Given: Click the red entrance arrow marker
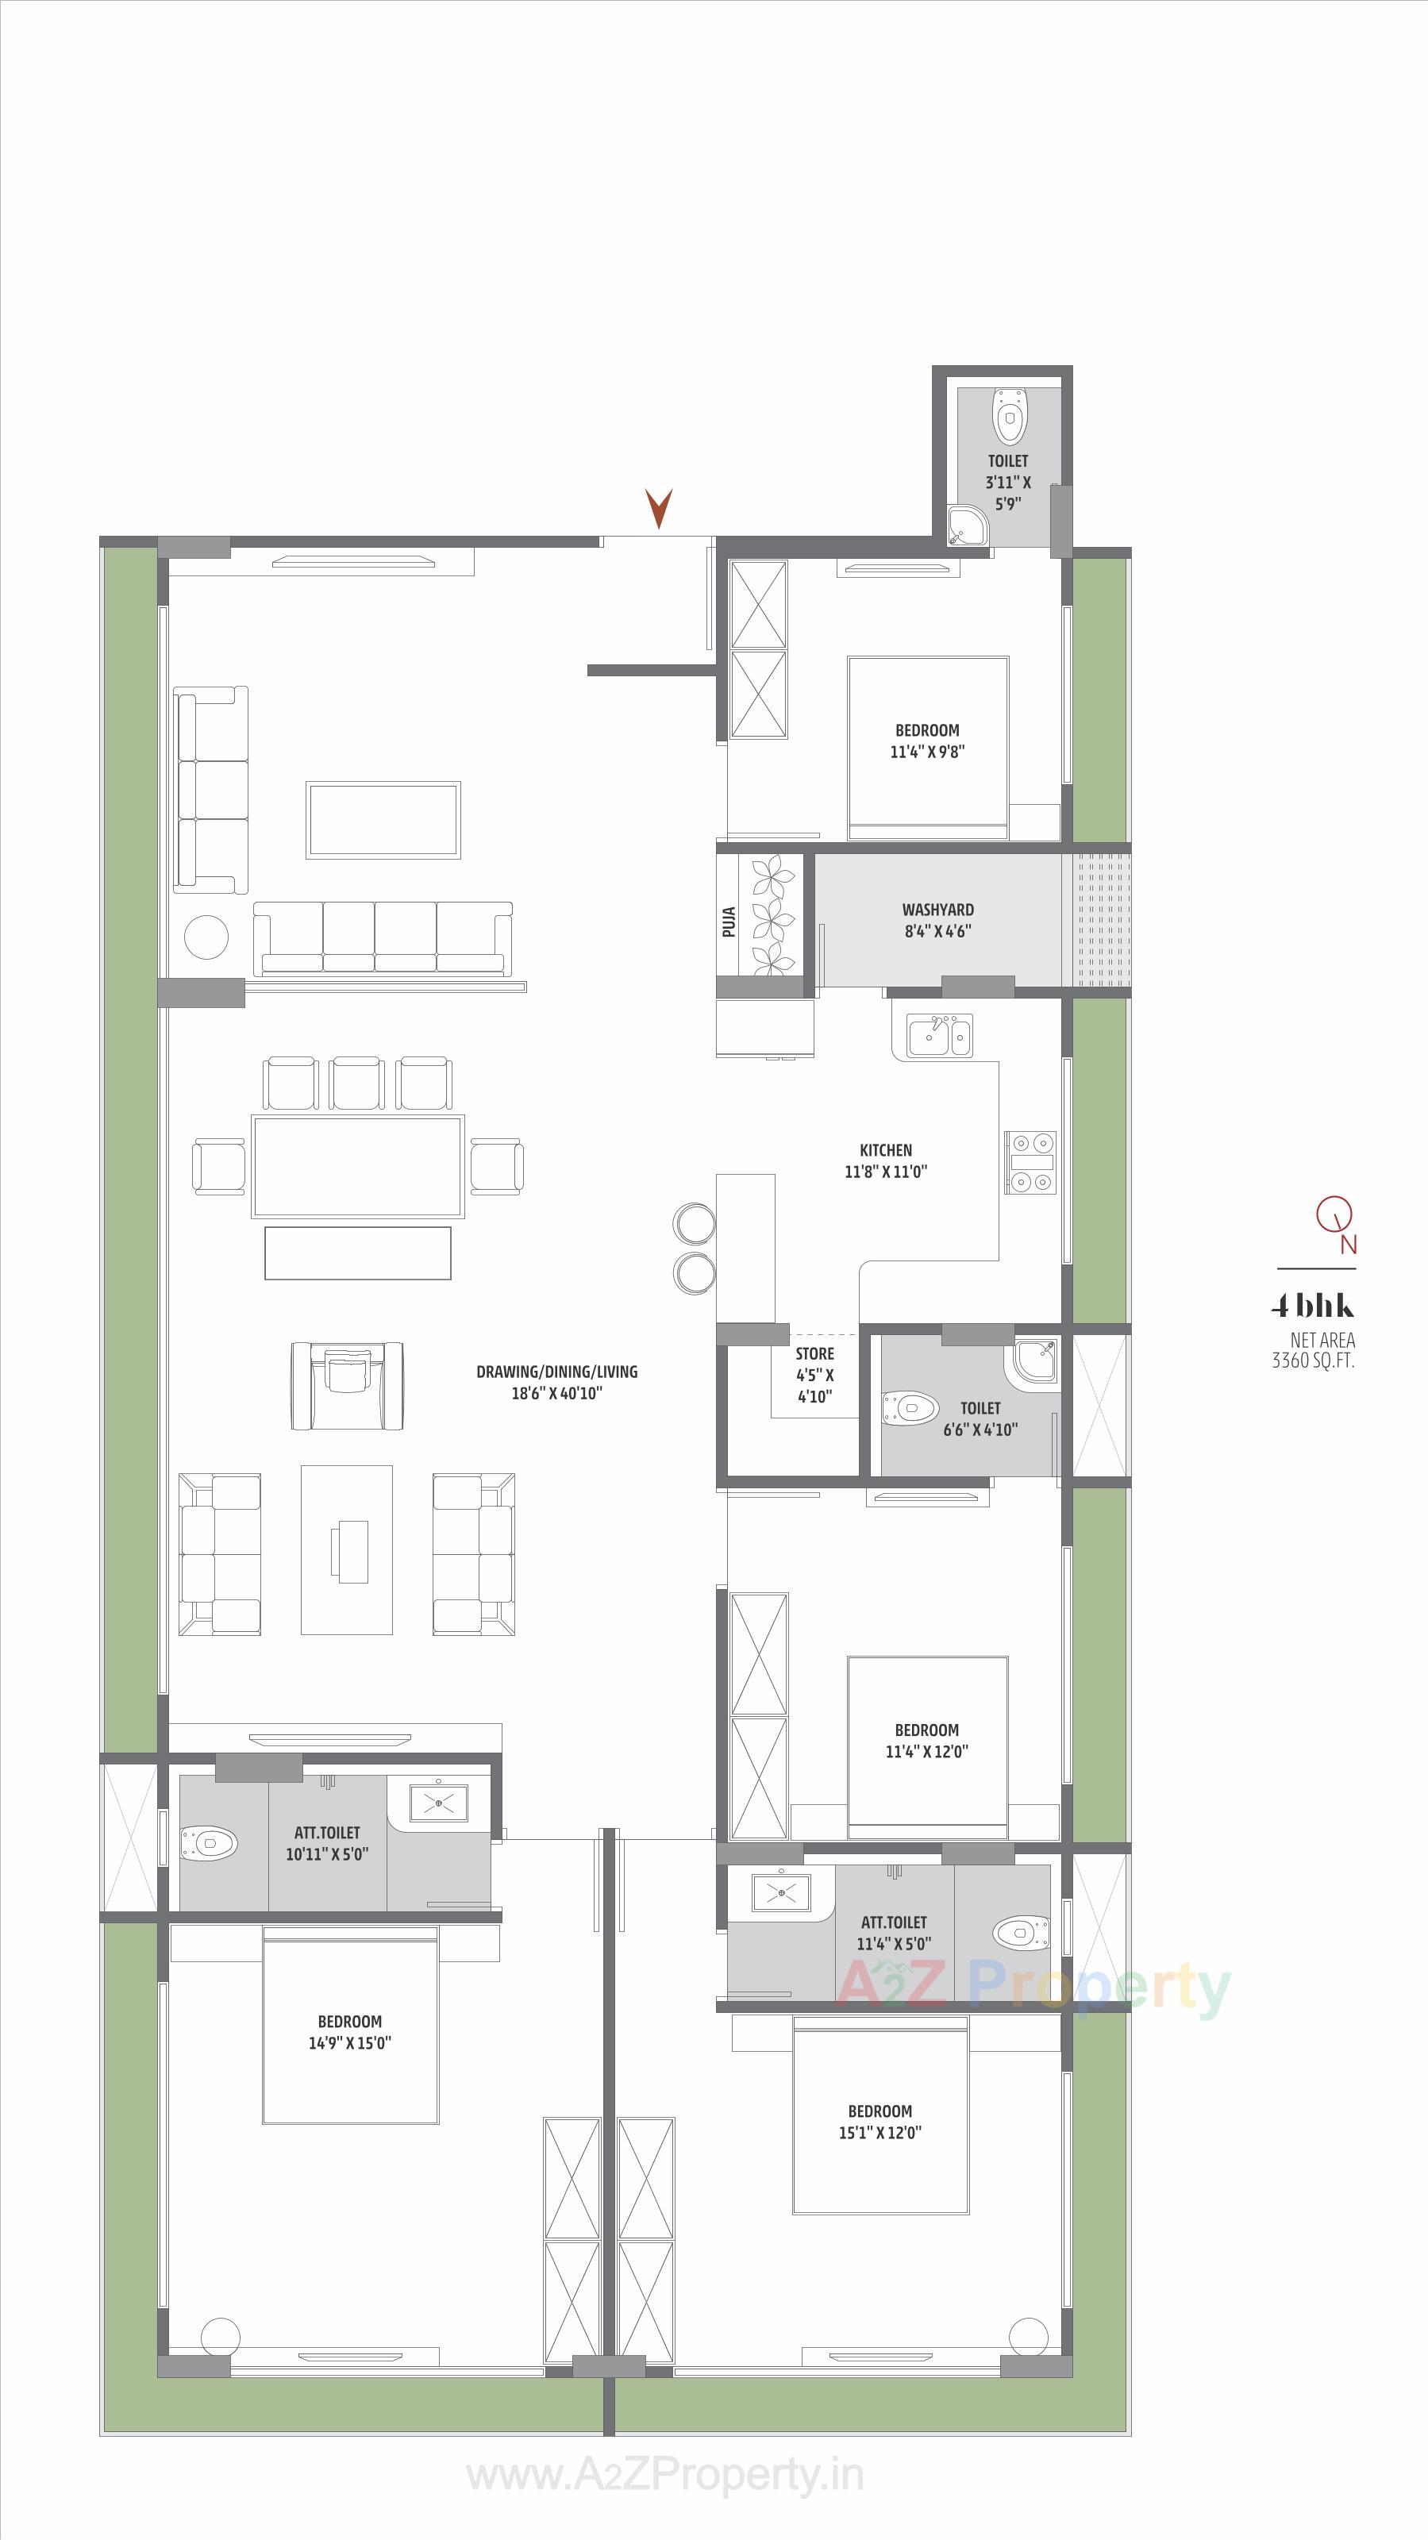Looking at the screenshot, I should tap(658, 507).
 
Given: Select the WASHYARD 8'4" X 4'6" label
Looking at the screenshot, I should tap(938, 920).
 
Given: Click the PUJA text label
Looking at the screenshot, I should tap(729, 921).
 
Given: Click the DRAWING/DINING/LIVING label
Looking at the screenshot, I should tap(556, 1381).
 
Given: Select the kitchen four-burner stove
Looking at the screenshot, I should tap(1030, 1161).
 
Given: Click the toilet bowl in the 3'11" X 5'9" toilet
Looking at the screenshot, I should tap(1008, 416).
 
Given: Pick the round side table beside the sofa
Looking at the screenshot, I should tap(207, 936).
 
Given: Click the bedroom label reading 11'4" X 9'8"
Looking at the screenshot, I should tap(927, 741).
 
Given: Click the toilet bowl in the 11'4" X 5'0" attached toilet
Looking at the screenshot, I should tap(1021, 1932).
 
